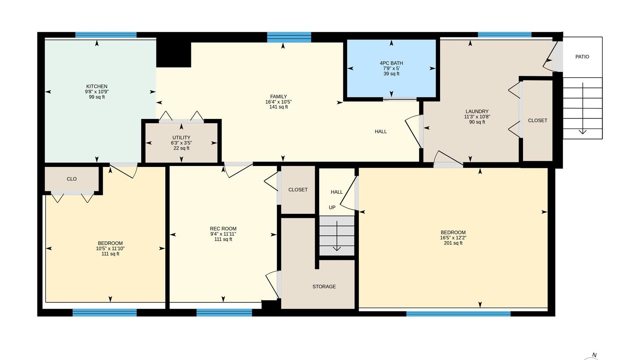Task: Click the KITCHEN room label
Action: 97,86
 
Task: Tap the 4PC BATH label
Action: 391,63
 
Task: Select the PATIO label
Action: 582,57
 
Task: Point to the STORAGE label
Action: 324,287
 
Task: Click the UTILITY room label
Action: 181,138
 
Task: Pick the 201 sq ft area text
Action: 453,243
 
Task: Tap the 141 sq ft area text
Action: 278,107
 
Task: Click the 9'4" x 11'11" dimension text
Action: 223,234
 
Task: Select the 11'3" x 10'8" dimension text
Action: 477,117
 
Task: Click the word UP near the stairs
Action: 332,207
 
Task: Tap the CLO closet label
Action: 72,179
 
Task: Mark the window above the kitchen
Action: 106,35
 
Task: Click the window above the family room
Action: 289,37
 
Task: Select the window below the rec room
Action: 224,312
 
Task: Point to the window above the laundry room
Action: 505,34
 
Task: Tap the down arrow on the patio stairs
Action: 583,108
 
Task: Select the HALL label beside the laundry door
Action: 381,132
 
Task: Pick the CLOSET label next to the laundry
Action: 538,121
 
